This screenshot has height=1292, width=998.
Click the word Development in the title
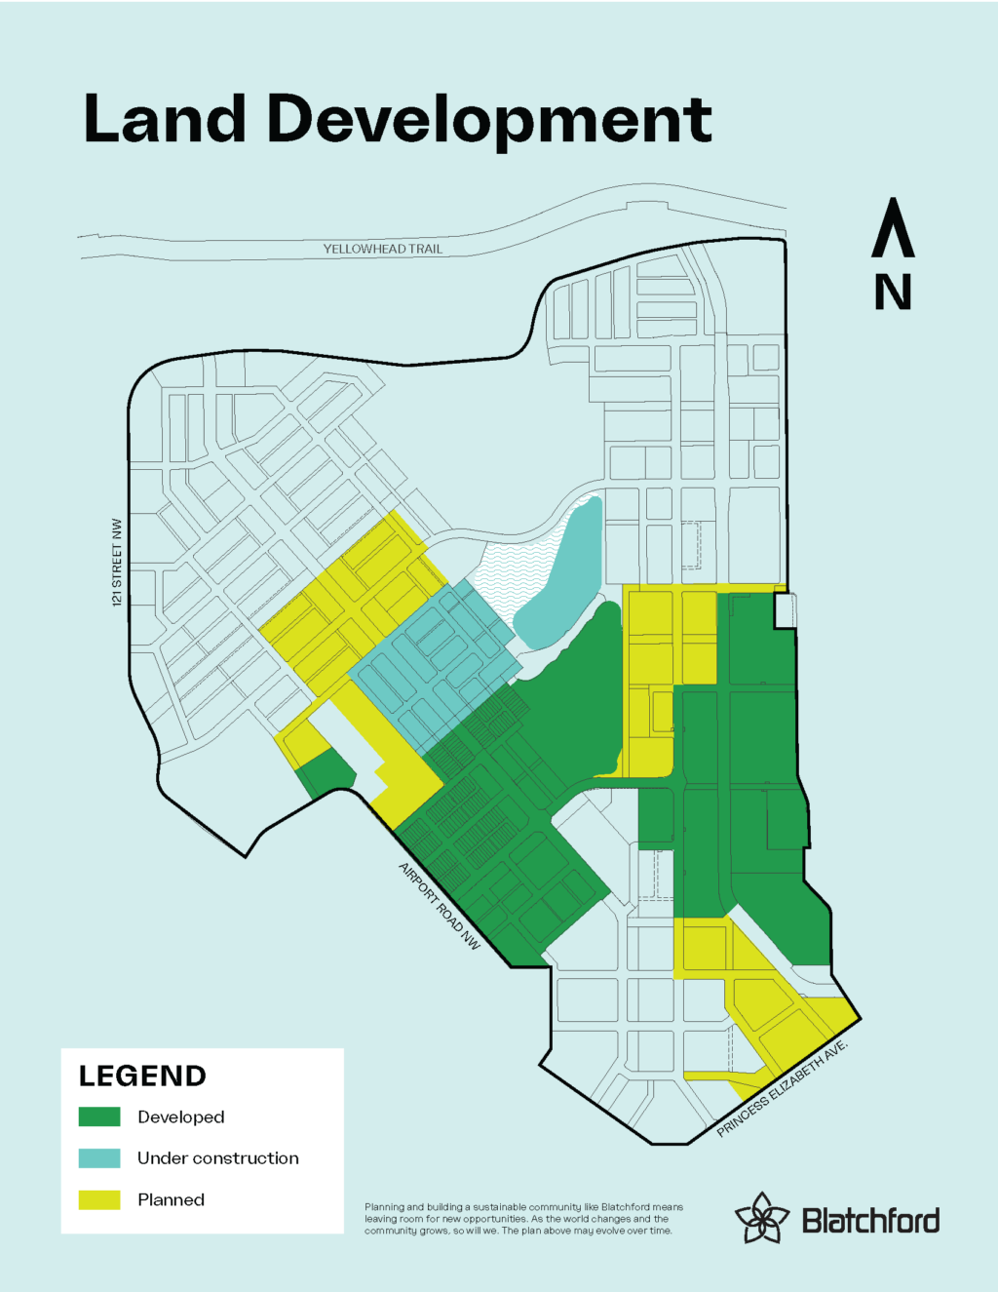489,121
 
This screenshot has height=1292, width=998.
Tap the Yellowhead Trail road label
383,249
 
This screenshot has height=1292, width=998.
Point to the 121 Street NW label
118,563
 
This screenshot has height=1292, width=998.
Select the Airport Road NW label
440,906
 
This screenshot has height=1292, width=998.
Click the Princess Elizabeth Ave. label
783,1089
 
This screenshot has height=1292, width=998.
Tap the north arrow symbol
893,228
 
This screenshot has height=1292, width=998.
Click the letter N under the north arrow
893,292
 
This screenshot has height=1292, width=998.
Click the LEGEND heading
142,1077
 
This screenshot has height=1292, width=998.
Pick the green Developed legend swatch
99,1116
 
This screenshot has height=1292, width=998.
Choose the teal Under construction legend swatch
99,1158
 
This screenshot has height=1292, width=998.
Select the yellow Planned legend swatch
99,1199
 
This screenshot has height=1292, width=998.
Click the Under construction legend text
218,1158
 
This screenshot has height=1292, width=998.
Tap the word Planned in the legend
172,1199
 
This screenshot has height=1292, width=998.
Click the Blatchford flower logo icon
761,1217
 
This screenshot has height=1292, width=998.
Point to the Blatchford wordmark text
870,1221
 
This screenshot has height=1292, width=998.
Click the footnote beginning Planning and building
523,1219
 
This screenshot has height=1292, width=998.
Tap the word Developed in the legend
181,1116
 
